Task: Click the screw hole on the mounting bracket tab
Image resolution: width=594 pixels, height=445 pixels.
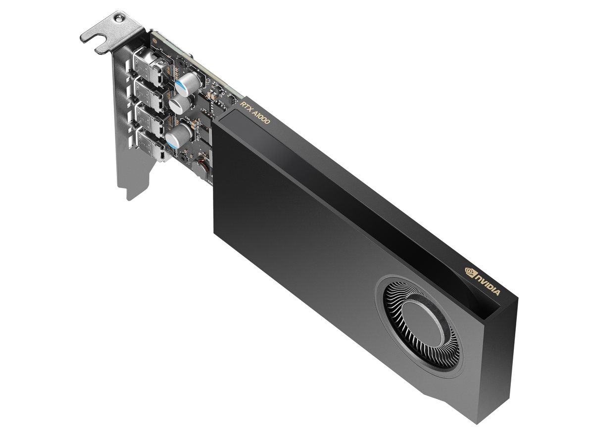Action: tap(118, 19)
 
